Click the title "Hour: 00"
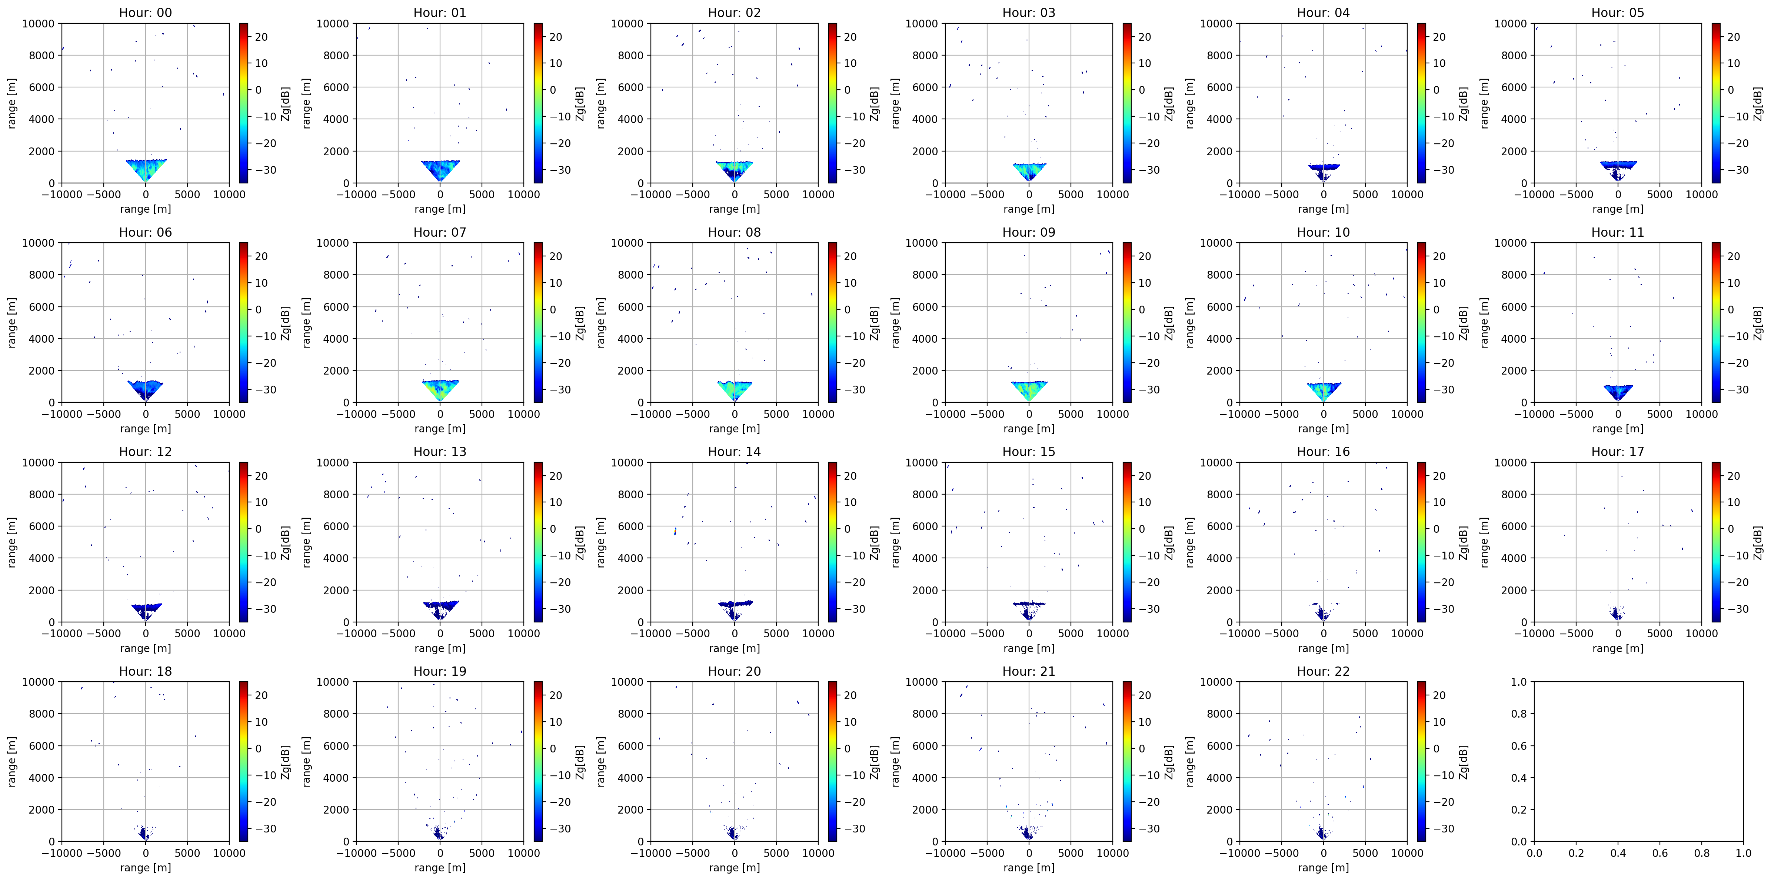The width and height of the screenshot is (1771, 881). (145, 12)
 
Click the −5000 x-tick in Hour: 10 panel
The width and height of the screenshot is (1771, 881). (1282, 414)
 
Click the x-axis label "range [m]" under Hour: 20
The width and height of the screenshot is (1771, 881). (734, 867)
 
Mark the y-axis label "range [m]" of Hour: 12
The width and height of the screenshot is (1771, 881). (12, 542)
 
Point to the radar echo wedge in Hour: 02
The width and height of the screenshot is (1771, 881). (734, 170)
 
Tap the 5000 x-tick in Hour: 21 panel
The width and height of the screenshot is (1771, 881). (1071, 853)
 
